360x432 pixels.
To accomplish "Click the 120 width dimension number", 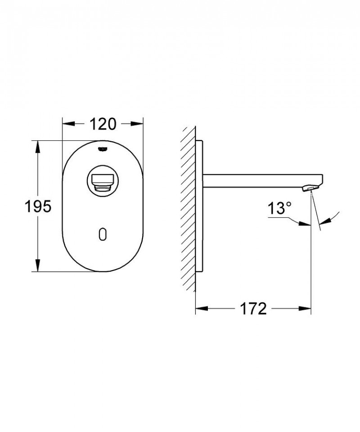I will click(x=103, y=123).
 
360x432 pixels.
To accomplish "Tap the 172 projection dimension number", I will click(x=253, y=309).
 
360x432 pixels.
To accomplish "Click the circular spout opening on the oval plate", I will click(x=103, y=180).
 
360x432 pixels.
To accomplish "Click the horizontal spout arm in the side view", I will click(x=261, y=179).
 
